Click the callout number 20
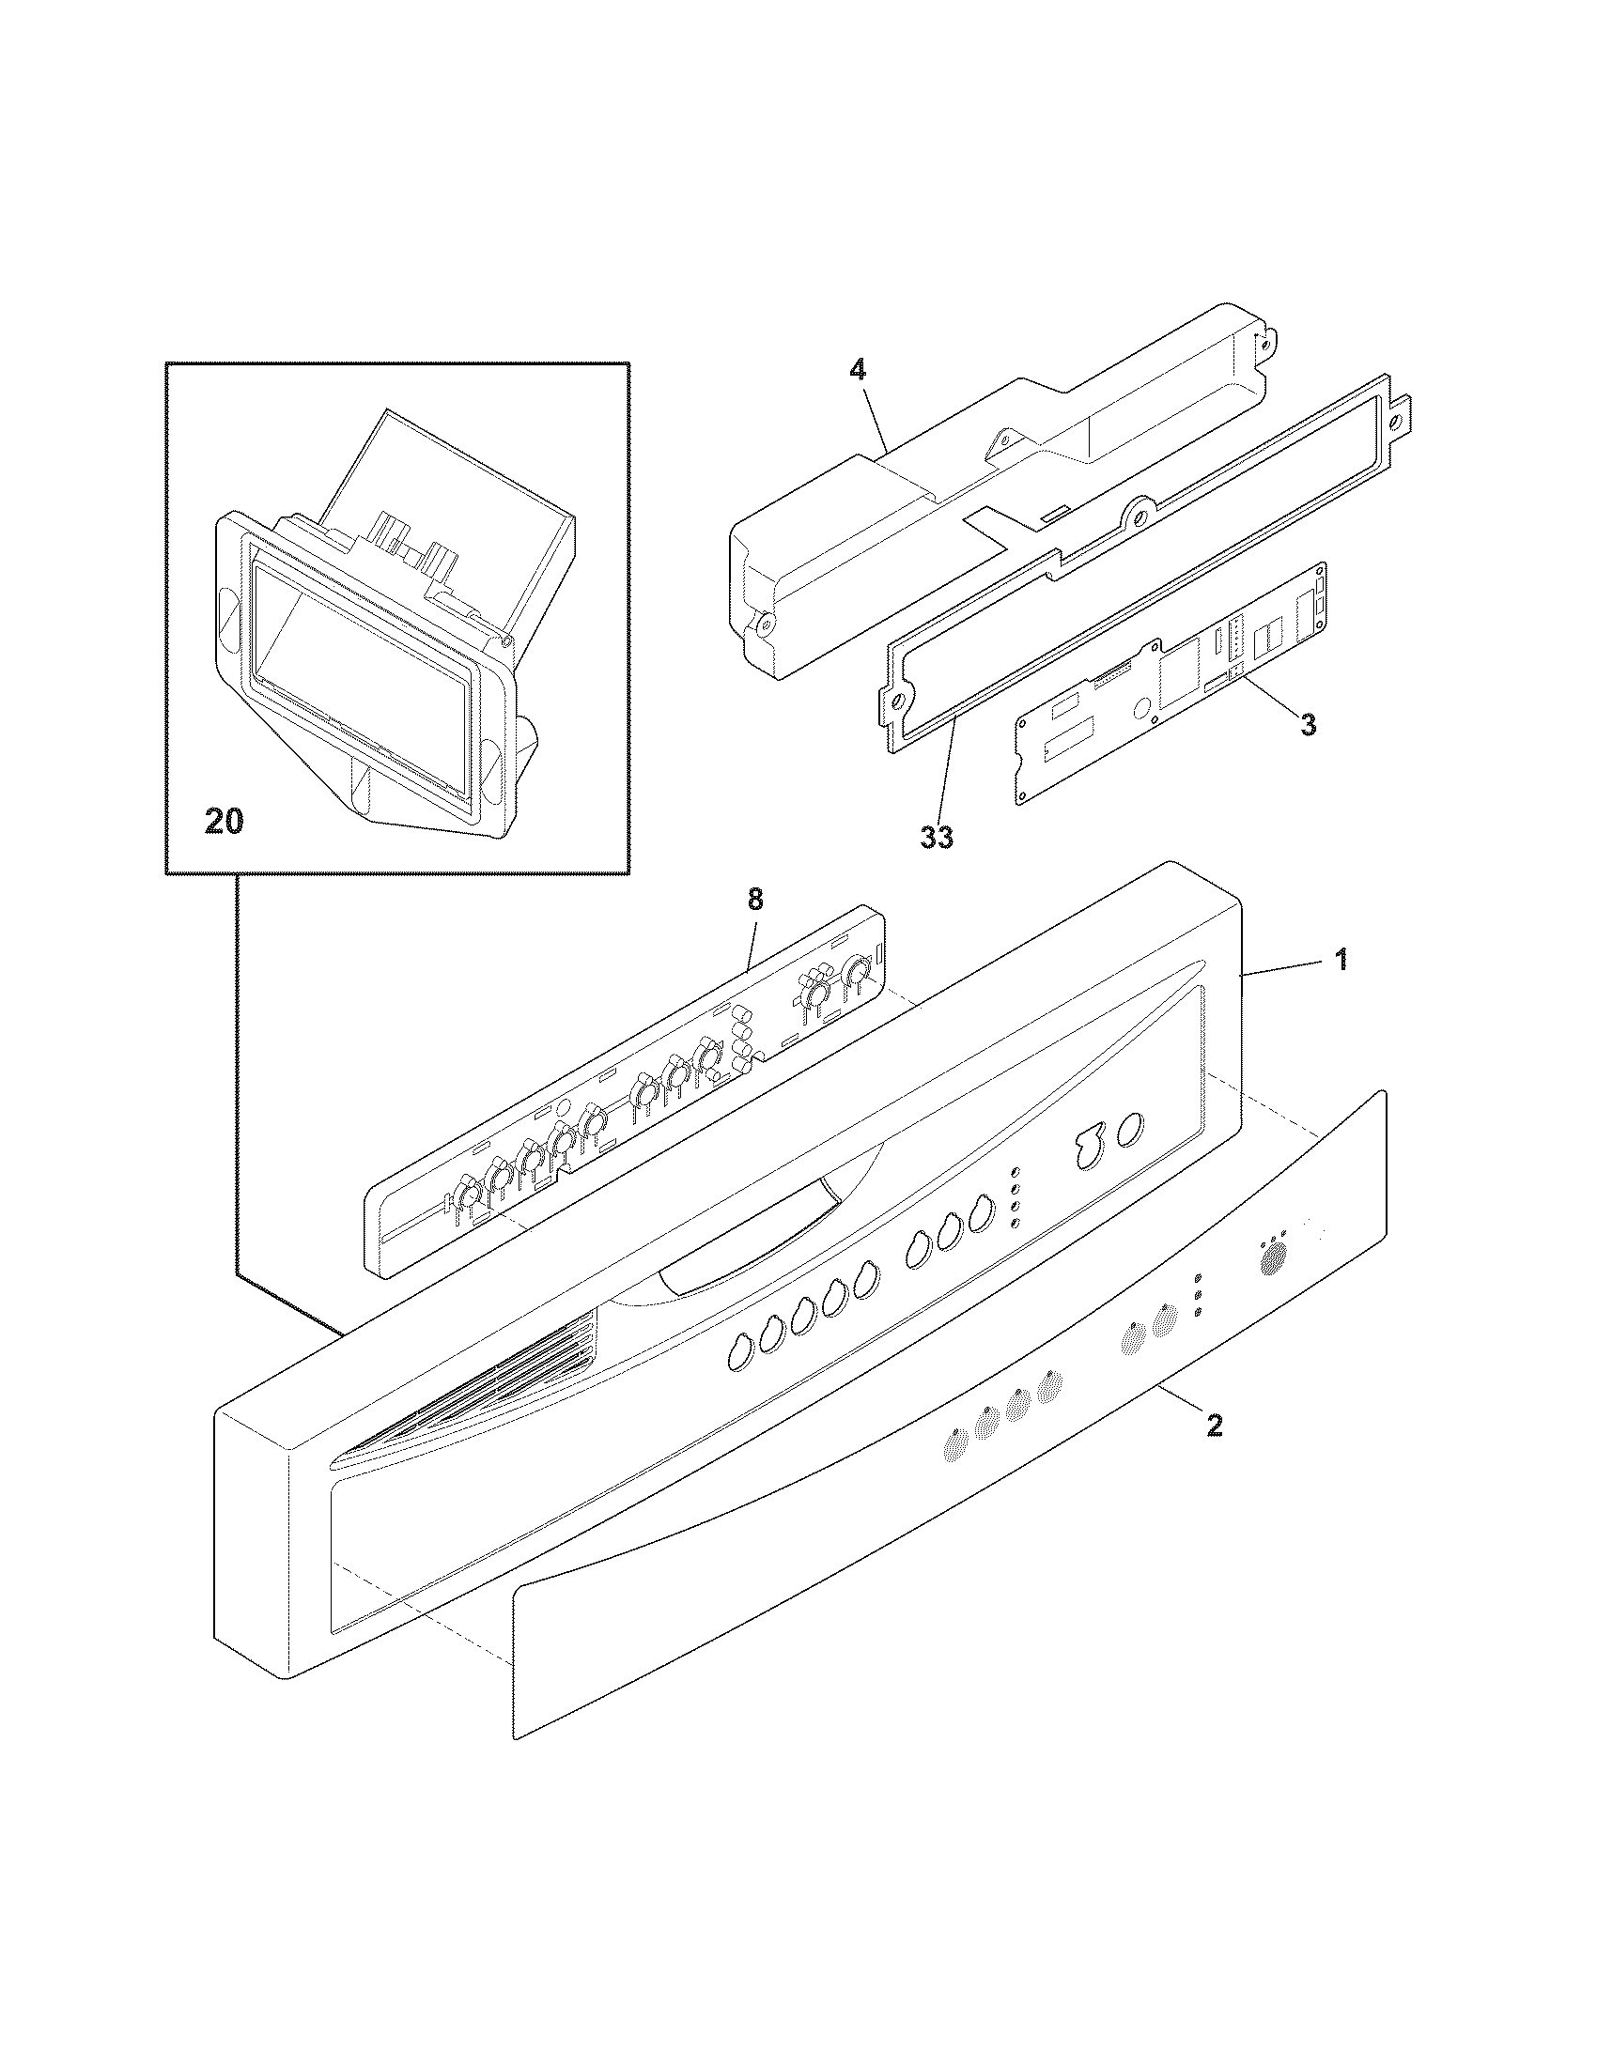pyautogui.click(x=225, y=821)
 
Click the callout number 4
pyautogui.click(x=856, y=371)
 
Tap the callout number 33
pyautogui.click(x=937, y=837)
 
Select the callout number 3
pyautogui.click(x=1307, y=726)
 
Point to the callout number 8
pyautogui.click(x=754, y=900)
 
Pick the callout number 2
pyautogui.click(x=1215, y=1452)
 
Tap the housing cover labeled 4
pyautogui.click(x=908, y=530)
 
